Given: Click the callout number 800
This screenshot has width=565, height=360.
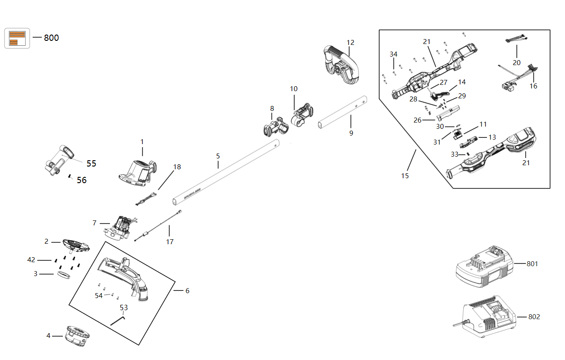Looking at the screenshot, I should point(51,38).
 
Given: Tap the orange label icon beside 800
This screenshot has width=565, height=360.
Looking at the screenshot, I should point(17,38).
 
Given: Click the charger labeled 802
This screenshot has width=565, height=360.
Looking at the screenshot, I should point(487,317).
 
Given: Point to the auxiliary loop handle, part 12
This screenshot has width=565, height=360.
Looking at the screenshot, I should point(341,65).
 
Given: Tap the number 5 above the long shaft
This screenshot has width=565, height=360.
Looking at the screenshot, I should point(218,156).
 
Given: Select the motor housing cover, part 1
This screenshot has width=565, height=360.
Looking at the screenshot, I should point(136,173).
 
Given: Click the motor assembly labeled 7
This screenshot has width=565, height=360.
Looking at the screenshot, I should point(118,228).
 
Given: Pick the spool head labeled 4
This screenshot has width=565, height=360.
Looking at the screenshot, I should point(78,336).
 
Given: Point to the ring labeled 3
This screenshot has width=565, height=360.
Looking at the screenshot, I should point(64,274).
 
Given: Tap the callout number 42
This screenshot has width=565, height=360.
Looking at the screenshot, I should point(31,260).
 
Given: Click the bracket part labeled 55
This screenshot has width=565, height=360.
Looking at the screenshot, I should point(59,161).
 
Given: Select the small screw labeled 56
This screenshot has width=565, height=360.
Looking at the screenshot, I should point(70,176).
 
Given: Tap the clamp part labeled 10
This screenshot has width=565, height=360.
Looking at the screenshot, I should point(302,115).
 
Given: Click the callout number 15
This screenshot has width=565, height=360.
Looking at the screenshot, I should point(405,176).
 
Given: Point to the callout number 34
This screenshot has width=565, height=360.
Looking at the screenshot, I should point(394,54).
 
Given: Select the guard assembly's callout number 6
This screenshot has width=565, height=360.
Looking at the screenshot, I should point(187,291).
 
